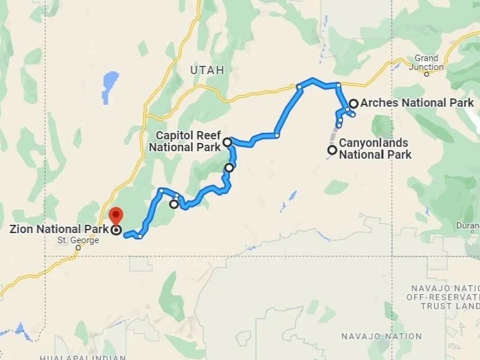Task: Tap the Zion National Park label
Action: (59, 229)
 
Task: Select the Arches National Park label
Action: (417, 103)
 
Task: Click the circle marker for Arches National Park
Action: (353, 104)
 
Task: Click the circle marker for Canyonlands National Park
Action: (332, 150)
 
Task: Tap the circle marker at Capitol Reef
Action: (227, 142)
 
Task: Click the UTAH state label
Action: (207, 70)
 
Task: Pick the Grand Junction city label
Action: (427, 62)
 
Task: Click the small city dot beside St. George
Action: (78, 249)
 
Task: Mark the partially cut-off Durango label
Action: (468, 225)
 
